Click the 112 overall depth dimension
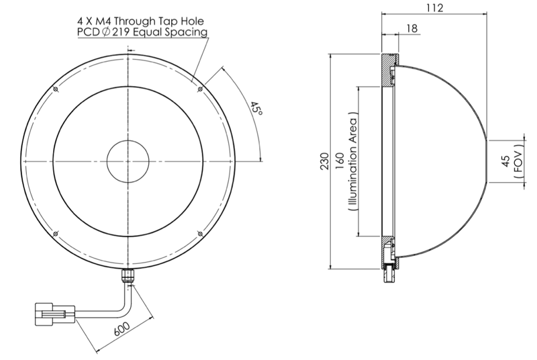click(434, 7)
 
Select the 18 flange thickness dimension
click(411, 28)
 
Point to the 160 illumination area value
click(340, 161)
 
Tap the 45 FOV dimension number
click(505, 161)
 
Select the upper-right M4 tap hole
click(199, 90)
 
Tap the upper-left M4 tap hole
click(54, 90)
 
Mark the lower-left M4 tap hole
click(54, 233)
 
